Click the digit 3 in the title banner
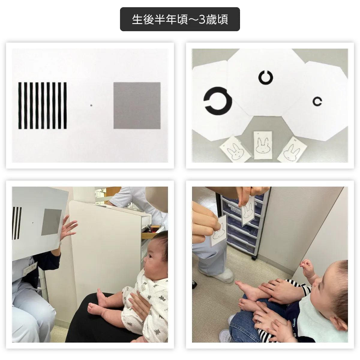pyautogui.click(x=202, y=19)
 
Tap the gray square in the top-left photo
pyautogui.click(x=137, y=106)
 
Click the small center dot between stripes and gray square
pyautogui.click(x=91, y=105)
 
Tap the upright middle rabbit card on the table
pyautogui.click(x=263, y=145)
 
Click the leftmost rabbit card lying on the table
pyautogui.click(x=235, y=149)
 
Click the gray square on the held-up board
pyautogui.click(x=51, y=222)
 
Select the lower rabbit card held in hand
pyautogui.click(x=219, y=231)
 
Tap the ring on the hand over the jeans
pyautogui.click(x=259, y=317)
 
